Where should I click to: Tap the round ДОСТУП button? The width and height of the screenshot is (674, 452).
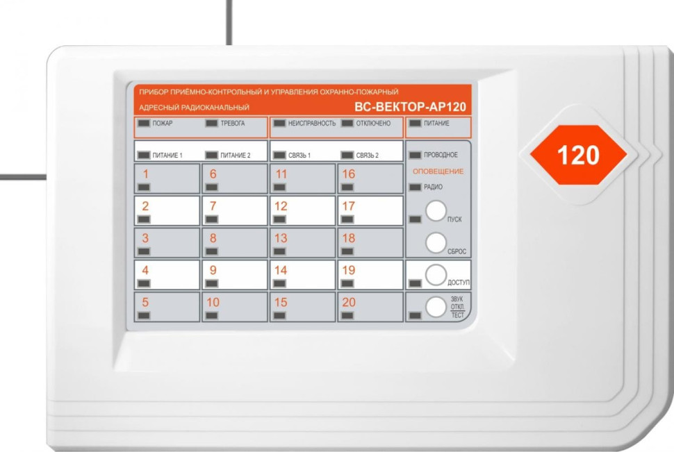point(436,274)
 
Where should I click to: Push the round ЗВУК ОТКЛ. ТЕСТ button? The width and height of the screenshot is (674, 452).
point(436,307)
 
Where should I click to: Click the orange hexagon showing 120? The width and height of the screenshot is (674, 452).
point(578,155)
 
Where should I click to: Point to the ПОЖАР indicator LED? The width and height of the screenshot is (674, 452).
point(144,124)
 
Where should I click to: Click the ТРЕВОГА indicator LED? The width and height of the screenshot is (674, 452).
point(211,124)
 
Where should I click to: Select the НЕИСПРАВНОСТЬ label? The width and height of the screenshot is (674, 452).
point(312,124)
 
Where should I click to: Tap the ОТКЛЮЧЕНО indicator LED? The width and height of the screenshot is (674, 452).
point(347,124)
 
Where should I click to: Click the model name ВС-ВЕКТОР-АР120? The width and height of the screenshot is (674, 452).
point(410,107)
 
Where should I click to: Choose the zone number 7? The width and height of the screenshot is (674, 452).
point(213,206)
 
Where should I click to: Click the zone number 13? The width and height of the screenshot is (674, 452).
point(281,238)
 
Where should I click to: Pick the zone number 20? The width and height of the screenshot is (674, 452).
point(349,302)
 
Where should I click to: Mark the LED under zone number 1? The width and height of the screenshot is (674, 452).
point(144,187)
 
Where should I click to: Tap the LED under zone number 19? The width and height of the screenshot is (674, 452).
point(347,283)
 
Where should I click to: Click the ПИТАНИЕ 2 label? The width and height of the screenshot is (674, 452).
point(235,156)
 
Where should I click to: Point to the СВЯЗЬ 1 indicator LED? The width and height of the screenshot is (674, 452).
point(279,155)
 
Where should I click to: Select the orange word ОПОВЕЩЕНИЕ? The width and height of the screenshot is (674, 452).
point(438,171)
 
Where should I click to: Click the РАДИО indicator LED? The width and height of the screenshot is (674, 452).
point(416,187)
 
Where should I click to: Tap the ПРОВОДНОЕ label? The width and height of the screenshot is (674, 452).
point(441,155)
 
